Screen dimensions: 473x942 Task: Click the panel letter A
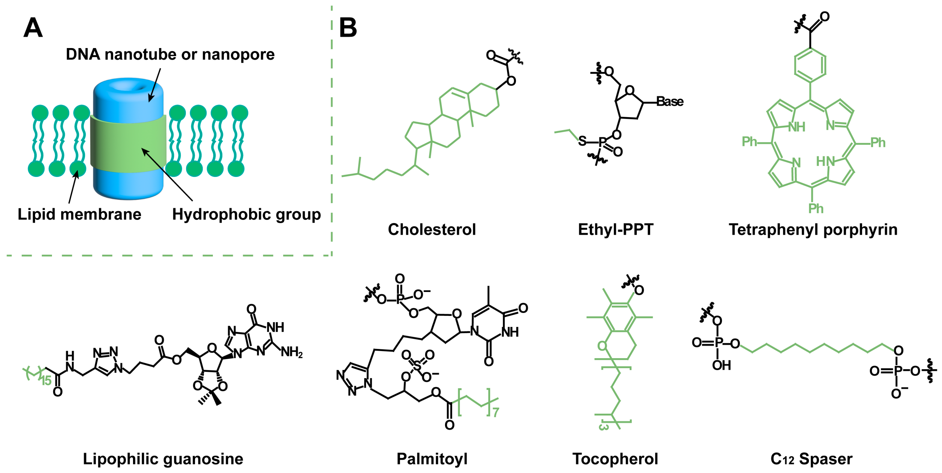point(33,28)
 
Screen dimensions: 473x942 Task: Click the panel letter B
point(348,28)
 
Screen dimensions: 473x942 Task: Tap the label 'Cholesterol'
point(432,230)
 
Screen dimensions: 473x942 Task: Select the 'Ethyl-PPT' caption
point(615,230)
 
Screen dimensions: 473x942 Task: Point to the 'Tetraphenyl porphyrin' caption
point(813,230)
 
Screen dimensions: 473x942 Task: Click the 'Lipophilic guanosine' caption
point(163,459)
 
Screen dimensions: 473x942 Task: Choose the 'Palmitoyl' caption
point(432,459)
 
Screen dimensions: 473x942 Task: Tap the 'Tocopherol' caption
point(615,459)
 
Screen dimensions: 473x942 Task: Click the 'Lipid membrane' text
point(79,214)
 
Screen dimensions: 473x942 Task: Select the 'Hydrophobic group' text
point(246,214)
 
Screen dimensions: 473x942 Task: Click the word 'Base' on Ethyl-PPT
point(670,101)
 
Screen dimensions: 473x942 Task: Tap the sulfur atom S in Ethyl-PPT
point(582,141)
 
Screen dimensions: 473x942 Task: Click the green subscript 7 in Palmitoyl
point(496,413)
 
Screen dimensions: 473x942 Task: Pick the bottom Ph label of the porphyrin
point(816,209)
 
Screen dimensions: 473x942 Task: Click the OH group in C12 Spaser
point(721,365)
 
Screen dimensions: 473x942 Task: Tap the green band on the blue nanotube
point(128,144)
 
